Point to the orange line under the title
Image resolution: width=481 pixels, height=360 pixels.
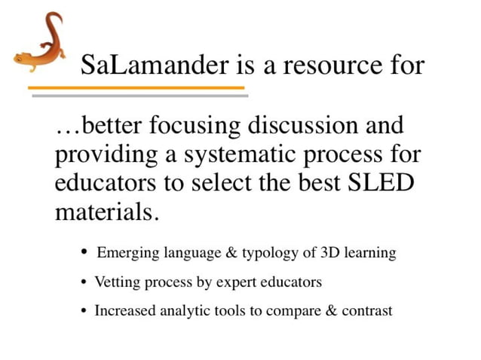(136, 88)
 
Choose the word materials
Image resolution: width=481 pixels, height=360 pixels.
(106, 212)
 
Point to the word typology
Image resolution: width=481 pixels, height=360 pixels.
(269, 253)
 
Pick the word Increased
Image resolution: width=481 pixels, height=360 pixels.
(125, 311)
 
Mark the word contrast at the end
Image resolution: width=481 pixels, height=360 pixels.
(367, 311)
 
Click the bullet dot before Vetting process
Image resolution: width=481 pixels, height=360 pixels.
(84, 282)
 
